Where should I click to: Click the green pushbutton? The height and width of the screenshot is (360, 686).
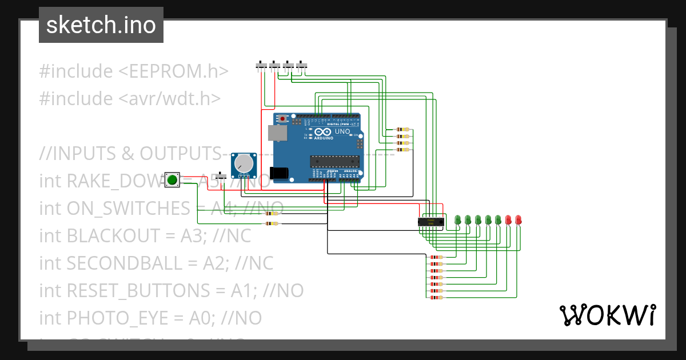point(172,180)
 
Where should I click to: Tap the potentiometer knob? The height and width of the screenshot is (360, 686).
point(244,164)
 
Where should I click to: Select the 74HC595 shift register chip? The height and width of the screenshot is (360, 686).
point(430,221)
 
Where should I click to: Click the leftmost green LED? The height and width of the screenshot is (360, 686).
point(457,219)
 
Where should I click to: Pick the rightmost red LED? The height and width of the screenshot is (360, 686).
point(519,219)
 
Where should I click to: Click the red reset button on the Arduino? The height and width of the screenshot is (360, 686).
point(282,119)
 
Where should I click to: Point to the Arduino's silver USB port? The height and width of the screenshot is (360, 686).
point(278,133)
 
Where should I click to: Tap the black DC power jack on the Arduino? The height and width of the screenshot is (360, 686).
point(281,173)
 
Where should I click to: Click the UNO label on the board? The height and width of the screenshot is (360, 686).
point(342,131)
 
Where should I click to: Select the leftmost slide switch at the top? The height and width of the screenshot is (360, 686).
point(262,65)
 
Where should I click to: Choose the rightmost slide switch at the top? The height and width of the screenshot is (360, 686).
point(302,65)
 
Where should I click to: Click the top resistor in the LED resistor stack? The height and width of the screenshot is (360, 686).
point(436,257)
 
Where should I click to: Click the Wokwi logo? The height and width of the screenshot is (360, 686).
point(607,315)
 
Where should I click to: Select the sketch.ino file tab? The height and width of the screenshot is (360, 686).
point(101,25)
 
